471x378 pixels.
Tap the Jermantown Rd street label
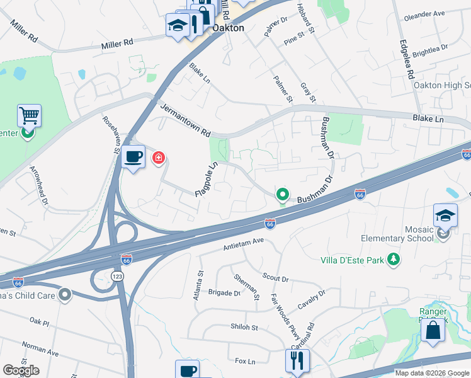click(185, 120)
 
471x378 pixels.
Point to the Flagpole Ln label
click(206, 180)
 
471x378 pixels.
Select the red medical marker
click(158, 157)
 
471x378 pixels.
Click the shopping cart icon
click(29, 116)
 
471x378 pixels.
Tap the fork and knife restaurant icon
click(297, 361)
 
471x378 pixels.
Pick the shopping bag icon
click(433, 331)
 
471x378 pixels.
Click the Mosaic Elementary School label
click(397, 234)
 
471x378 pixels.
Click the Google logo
click(21, 370)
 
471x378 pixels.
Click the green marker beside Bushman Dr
click(283, 195)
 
